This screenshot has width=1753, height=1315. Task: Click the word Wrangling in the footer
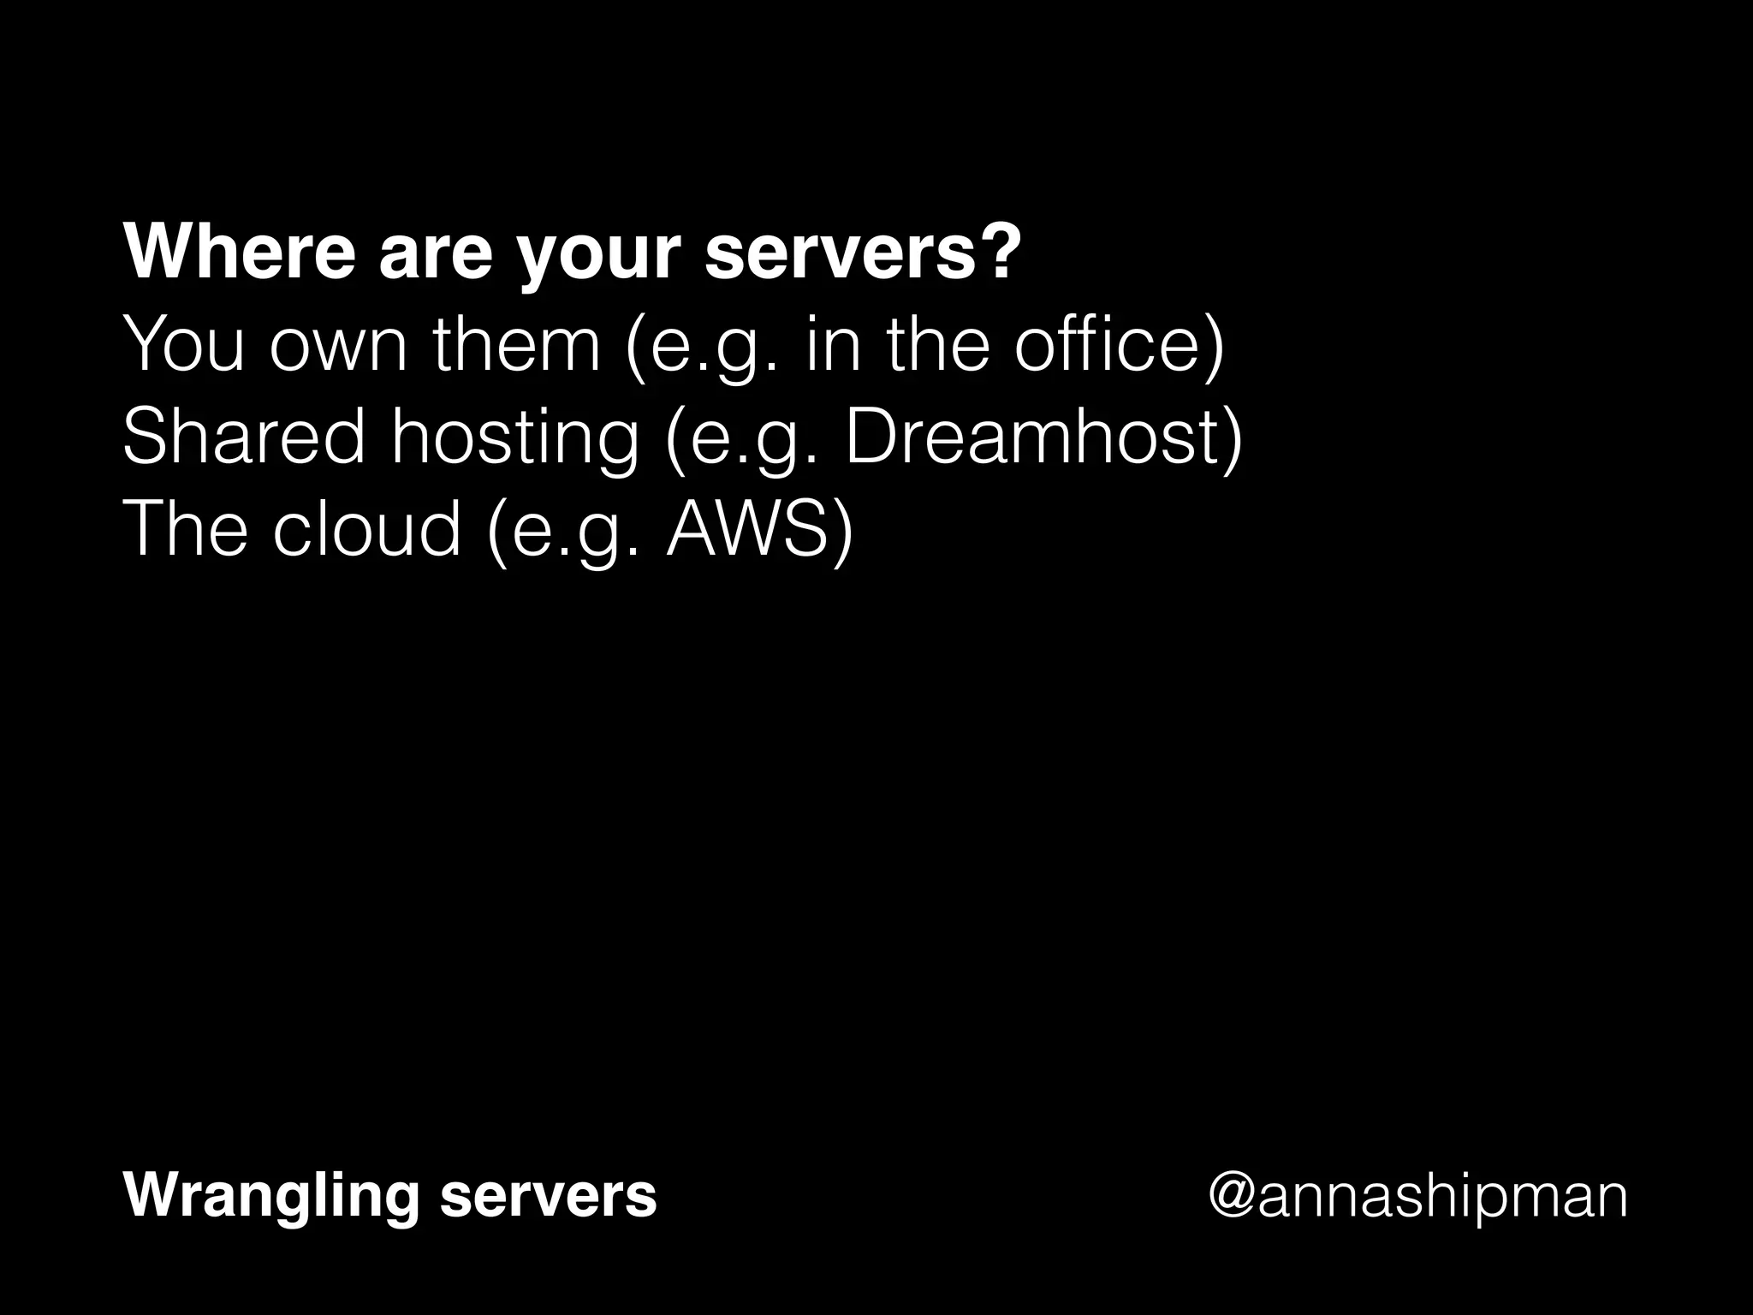(x=270, y=1197)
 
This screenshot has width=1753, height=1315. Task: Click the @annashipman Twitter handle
(x=1417, y=1197)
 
